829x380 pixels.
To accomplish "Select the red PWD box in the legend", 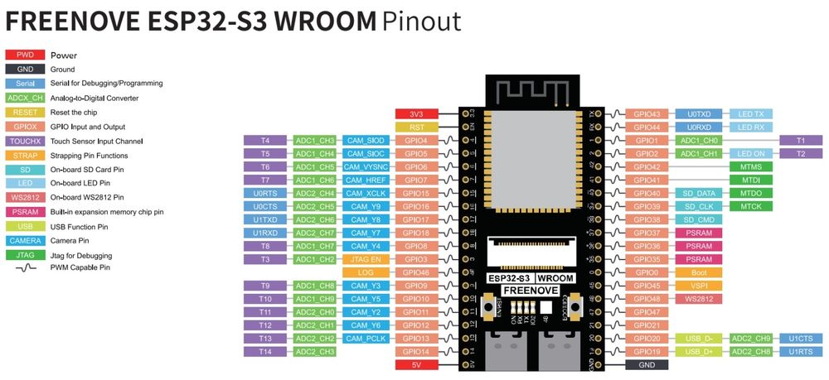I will tap(26, 55).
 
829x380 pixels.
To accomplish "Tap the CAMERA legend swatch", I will tap(26, 240).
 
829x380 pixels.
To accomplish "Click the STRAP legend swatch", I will tap(26, 155).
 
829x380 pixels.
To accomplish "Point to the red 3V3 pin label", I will tap(418, 113).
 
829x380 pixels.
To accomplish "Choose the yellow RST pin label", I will tap(418, 127).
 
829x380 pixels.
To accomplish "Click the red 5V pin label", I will tap(418, 364).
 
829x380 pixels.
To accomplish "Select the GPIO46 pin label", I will tap(418, 272).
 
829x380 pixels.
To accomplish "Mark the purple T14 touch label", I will tap(265, 351).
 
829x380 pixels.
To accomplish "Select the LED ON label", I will tap(752, 153).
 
